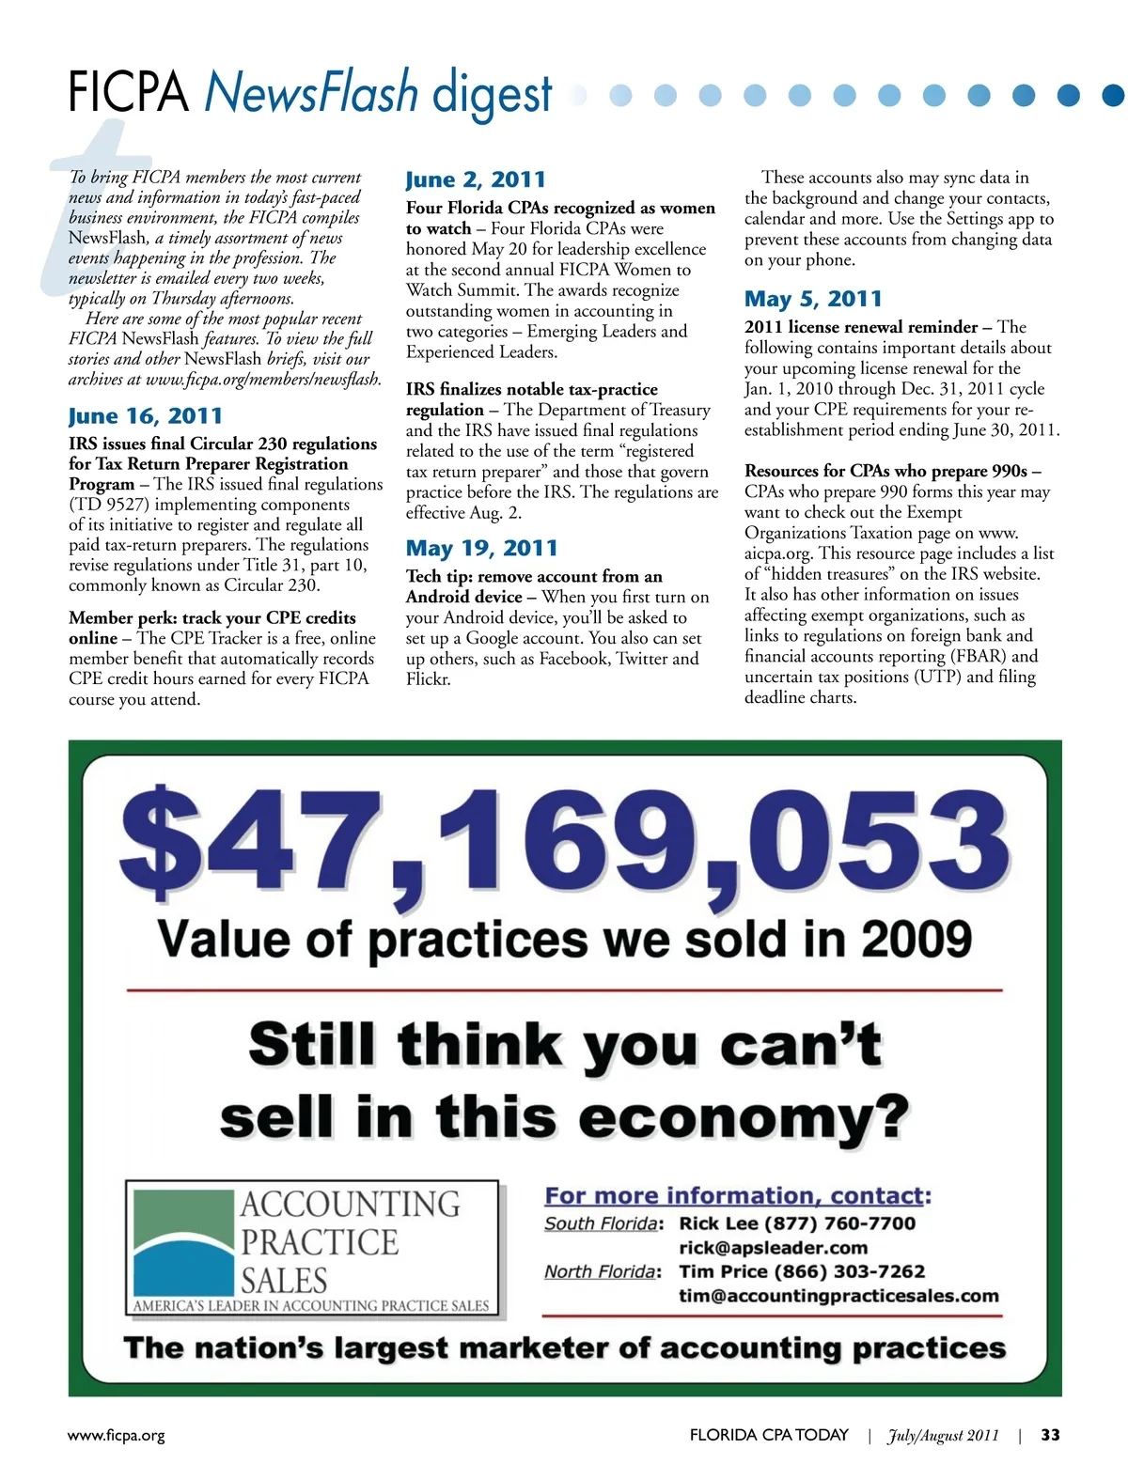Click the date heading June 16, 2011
[x=146, y=415]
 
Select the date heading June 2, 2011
[x=476, y=179]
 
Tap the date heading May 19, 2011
[x=481, y=548]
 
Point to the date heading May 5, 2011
[x=813, y=299]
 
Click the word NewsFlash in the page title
[x=311, y=92]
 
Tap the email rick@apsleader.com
[x=773, y=1248]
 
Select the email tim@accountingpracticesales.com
[x=838, y=1296]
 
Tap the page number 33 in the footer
[x=1050, y=1435]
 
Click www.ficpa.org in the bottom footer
[x=117, y=1436]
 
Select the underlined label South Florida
[x=601, y=1223]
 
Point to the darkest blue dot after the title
[x=1113, y=95]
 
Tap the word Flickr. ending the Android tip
[x=429, y=679]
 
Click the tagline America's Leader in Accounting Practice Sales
[x=311, y=1305]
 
